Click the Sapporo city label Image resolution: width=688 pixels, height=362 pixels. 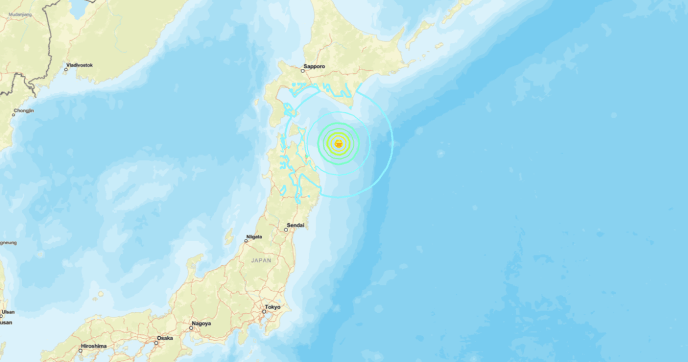pyautogui.click(x=315, y=67)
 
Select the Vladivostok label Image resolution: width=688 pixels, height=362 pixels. pyautogui.click(x=80, y=65)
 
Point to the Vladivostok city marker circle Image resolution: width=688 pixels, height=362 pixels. pyautogui.click(x=66, y=69)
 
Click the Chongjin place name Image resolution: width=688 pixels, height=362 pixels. pyautogui.click(x=24, y=110)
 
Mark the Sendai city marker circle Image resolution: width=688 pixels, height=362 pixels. pyautogui.click(x=286, y=230)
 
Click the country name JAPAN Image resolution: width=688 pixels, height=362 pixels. pyautogui.click(x=261, y=260)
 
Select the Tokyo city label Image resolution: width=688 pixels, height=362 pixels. pyautogui.click(x=272, y=307)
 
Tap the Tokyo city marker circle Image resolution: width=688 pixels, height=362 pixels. pyautogui.click(x=263, y=313)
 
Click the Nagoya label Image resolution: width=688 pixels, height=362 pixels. pyautogui.click(x=201, y=324)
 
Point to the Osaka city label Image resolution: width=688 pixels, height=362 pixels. pyautogui.click(x=165, y=338)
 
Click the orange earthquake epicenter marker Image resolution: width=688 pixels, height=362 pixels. pyautogui.click(x=338, y=143)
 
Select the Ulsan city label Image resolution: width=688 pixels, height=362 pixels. pyautogui.click(x=7, y=312)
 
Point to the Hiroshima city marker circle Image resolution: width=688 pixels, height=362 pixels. pyautogui.click(x=81, y=351)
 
